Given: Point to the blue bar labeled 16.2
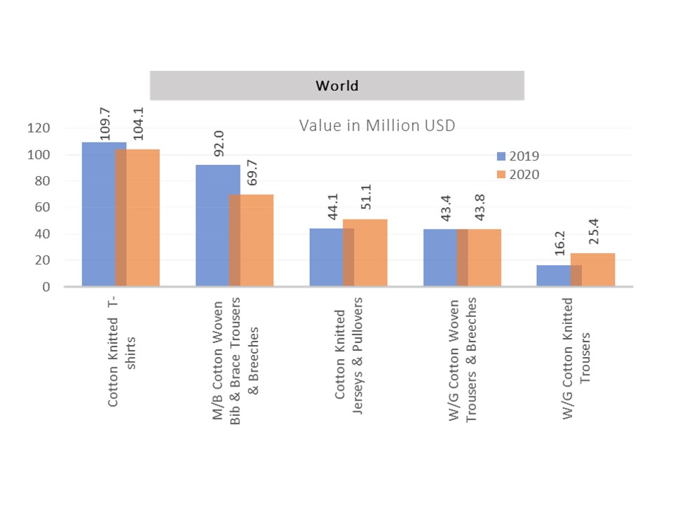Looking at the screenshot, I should click(554, 275).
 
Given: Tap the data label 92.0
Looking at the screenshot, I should click(218, 147).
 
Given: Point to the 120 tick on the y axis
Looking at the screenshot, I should click(39, 128).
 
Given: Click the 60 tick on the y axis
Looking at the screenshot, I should click(43, 208).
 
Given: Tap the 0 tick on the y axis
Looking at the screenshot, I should click(46, 287).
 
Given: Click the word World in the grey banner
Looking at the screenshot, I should click(336, 86).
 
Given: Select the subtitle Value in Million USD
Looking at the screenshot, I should click(377, 126).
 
